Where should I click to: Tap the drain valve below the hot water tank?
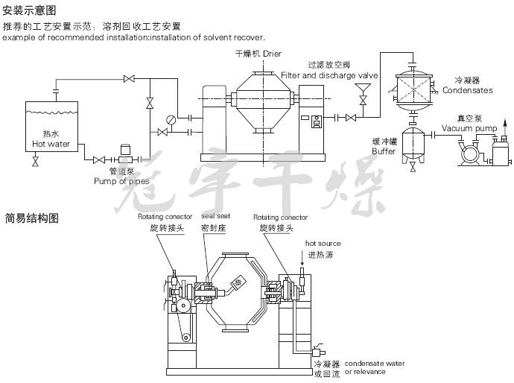(x=36, y=162)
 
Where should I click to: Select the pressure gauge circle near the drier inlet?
(x=171, y=120)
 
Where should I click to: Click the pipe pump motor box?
(x=126, y=150)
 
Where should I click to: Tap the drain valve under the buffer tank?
(x=413, y=168)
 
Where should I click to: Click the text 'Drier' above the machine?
(x=272, y=54)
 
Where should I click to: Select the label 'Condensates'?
(x=468, y=90)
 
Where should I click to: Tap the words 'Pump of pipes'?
(x=121, y=181)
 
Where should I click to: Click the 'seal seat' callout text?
(x=216, y=216)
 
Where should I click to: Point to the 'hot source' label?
(x=323, y=244)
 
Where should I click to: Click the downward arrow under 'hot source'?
(x=302, y=258)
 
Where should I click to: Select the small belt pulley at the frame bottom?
(x=186, y=337)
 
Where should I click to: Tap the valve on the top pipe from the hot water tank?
(x=129, y=79)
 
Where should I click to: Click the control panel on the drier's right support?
(x=317, y=121)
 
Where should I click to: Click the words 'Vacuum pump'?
(x=469, y=128)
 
